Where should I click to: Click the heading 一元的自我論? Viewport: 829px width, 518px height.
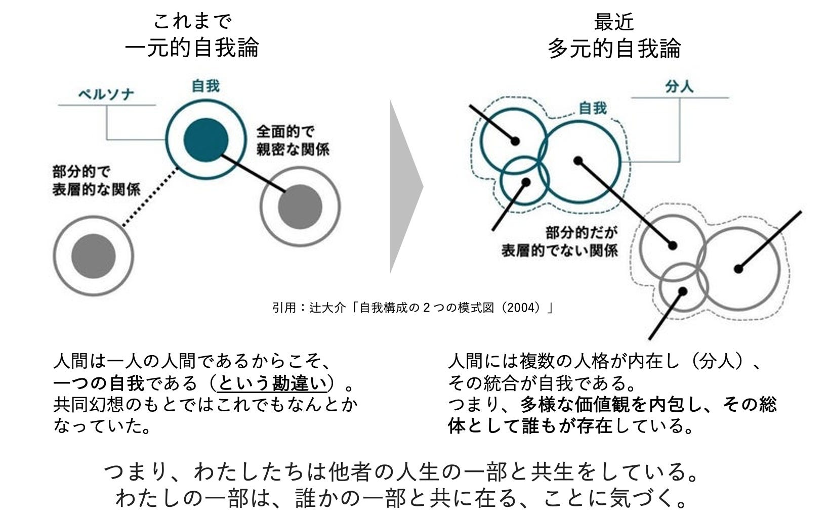(x=192, y=48)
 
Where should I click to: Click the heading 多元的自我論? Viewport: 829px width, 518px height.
(x=614, y=48)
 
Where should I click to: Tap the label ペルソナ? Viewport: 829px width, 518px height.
(x=106, y=95)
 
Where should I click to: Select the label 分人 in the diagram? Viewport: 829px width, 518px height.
(x=679, y=87)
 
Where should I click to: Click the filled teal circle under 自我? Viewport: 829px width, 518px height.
(x=205, y=140)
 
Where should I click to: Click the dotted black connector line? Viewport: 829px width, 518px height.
(x=150, y=196)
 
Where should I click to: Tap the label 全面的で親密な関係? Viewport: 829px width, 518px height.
(x=293, y=140)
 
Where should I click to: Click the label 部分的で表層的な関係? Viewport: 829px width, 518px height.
(x=96, y=181)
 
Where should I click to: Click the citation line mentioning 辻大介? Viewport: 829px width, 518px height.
(x=412, y=307)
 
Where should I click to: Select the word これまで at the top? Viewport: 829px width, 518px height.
(x=192, y=21)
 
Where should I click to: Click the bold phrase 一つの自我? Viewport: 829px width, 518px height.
(x=99, y=383)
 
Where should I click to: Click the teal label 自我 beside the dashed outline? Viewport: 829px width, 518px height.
(x=592, y=108)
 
